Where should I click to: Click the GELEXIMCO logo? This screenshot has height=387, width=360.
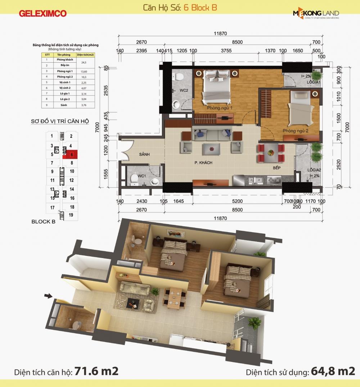(x=43, y=13)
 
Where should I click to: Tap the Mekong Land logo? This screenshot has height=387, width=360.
(x=316, y=14)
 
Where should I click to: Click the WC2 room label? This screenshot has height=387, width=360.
(x=184, y=90)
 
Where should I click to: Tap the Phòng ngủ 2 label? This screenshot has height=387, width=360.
(x=295, y=131)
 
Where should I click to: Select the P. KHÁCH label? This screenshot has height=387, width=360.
(x=204, y=163)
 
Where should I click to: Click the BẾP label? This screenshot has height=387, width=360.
(x=276, y=168)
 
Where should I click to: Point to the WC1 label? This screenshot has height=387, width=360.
(x=141, y=176)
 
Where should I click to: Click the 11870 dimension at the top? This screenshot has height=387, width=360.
(x=220, y=33)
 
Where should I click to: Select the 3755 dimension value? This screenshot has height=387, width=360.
(x=226, y=51)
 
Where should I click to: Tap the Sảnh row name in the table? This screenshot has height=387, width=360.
(x=64, y=105)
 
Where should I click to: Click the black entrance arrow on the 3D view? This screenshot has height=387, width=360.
(x=48, y=296)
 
